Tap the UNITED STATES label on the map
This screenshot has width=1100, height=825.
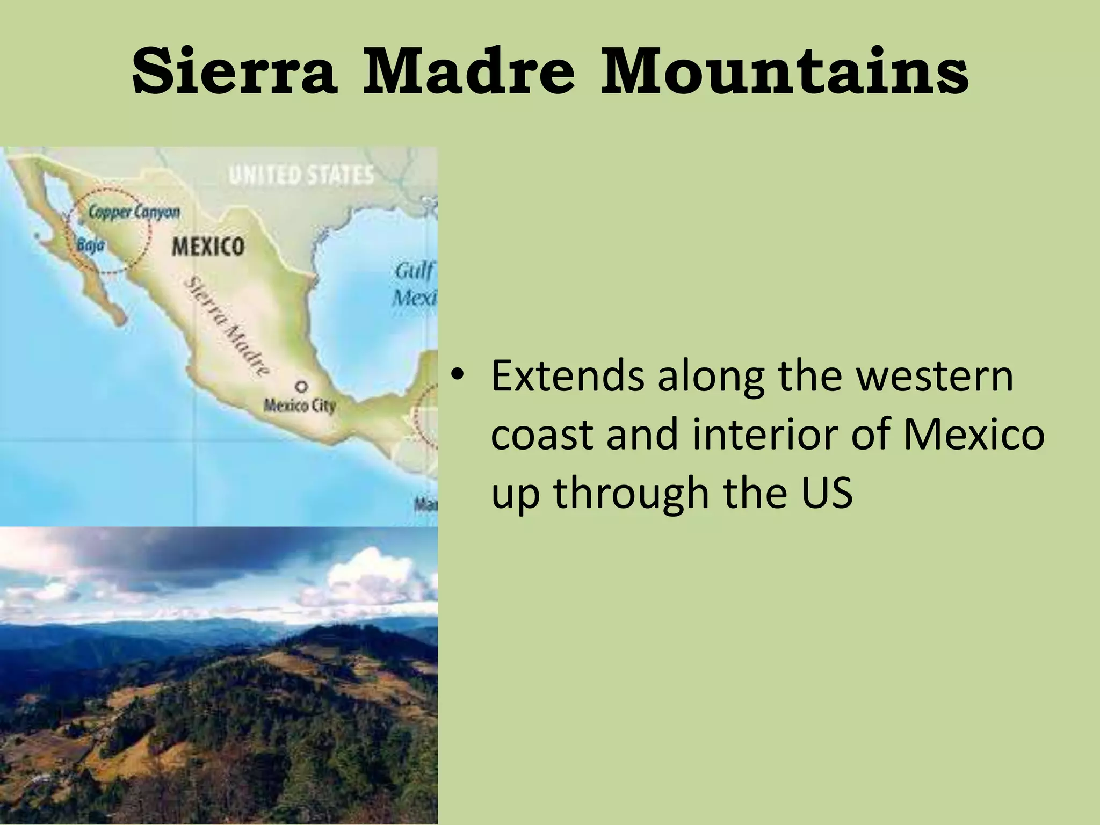pyautogui.click(x=301, y=175)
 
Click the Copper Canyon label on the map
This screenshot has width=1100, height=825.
pyautogui.click(x=134, y=212)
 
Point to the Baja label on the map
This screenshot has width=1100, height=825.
pyautogui.click(x=90, y=245)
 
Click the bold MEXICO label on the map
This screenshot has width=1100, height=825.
pyautogui.click(x=208, y=247)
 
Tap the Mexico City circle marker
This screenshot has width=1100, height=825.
pyautogui.click(x=302, y=386)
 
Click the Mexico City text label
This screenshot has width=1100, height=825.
pyautogui.click(x=299, y=406)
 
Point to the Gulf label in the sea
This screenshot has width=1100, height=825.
pyautogui.click(x=414, y=271)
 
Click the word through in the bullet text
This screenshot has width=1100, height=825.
pyautogui.click(x=632, y=493)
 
